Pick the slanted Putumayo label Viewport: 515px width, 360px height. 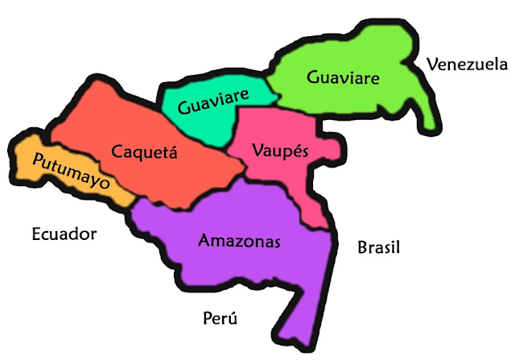click(71, 171)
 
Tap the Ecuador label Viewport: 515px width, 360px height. click(64, 234)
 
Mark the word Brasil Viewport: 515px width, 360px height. click(378, 247)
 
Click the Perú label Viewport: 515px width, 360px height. click(220, 317)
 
